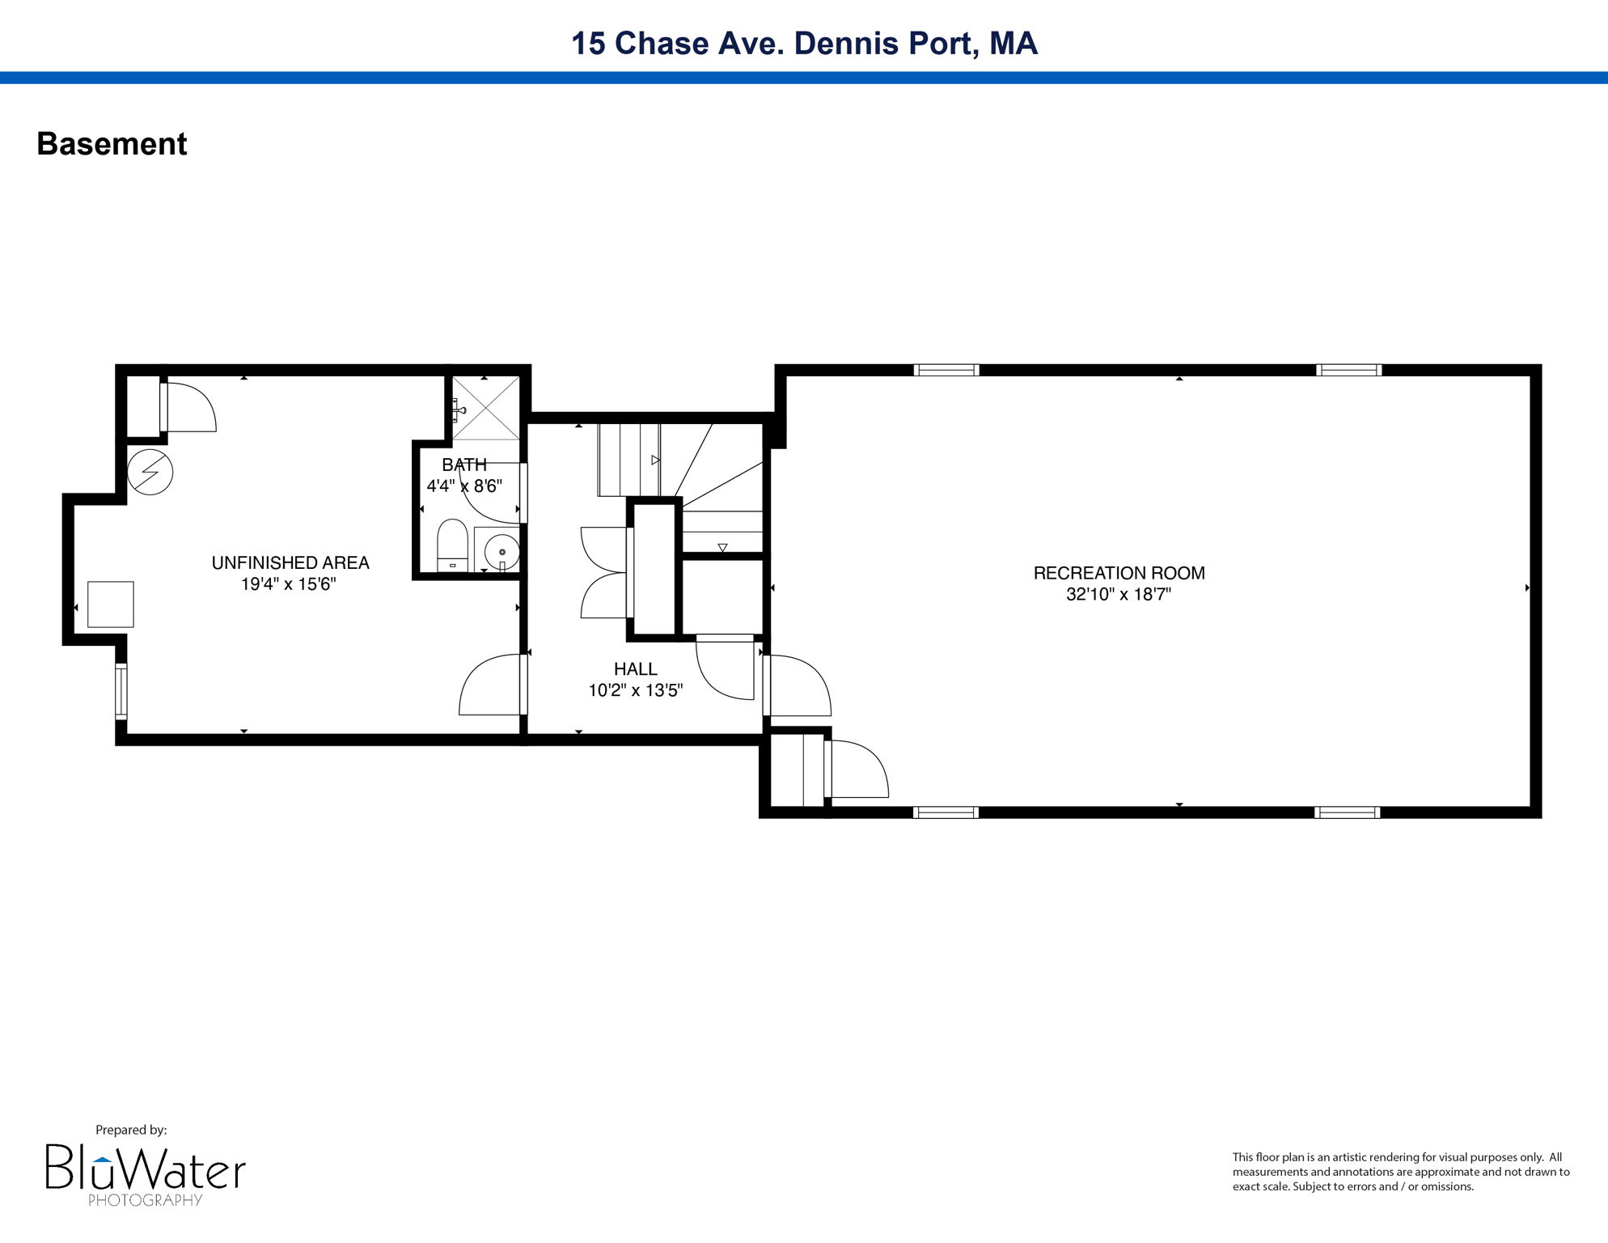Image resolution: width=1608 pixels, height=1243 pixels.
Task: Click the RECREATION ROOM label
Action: click(x=1119, y=573)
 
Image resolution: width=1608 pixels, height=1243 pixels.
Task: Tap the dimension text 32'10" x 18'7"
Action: click(x=1119, y=594)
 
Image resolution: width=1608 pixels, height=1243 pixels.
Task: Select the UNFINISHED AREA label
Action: click(x=290, y=562)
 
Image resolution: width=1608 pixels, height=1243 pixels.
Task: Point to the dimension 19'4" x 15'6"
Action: click(x=288, y=583)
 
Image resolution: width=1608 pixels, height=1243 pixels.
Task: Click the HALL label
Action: click(x=635, y=668)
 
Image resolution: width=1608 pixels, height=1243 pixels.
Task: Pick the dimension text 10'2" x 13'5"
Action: click(x=635, y=690)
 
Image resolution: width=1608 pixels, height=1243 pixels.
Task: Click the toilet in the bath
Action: click(x=452, y=545)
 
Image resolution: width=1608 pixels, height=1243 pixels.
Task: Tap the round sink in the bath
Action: click(x=501, y=552)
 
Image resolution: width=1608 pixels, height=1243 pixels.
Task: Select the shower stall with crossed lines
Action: click(x=485, y=408)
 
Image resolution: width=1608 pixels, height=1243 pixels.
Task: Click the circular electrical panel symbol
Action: click(x=150, y=472)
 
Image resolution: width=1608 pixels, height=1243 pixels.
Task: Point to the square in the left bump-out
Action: click(x=110, y=604)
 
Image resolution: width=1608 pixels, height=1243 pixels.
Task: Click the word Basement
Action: click(x=112, y=144)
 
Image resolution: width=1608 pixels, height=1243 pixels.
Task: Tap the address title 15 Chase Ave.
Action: click(x=803, y=43)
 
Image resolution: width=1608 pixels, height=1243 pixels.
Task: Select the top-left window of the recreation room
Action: click(x=946, y=370)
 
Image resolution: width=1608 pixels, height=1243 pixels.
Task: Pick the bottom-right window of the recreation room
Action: click(x=1347, y=812)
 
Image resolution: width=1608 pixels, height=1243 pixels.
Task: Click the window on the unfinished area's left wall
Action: click(x=121, y=691)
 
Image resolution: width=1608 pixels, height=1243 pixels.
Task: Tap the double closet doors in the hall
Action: click(x=604, y=573)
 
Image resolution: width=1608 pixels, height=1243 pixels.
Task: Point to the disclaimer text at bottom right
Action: click(x=1400, y=1172)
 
